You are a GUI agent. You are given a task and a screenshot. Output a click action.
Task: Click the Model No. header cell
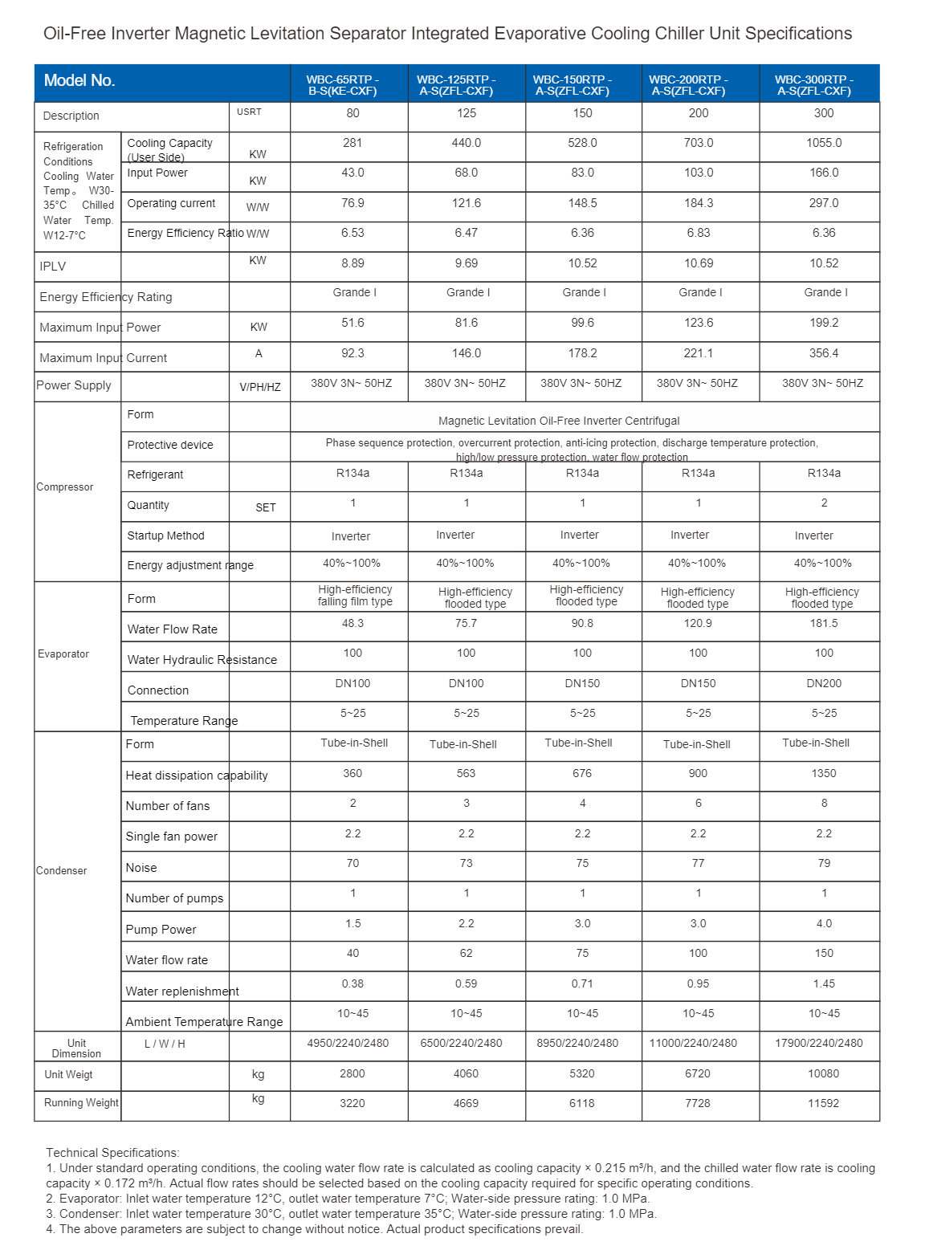point(79,81)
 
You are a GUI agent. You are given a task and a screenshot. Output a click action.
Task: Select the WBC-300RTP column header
point(814,85)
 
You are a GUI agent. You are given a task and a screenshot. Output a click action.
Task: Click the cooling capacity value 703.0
point(699,143)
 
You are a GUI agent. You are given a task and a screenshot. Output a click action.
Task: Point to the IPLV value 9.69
point(467,263)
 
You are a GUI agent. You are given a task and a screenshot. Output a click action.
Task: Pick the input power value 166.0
point(824,173)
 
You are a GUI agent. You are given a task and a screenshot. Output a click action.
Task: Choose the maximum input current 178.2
point(583,353)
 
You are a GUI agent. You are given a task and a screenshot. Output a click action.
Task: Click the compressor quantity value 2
point(824,503)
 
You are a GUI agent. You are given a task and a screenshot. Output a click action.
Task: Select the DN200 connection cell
point(824,683)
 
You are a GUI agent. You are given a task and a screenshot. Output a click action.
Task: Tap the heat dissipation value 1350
point(824,773)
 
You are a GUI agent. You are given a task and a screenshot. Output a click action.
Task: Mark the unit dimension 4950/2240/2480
point(348,1043)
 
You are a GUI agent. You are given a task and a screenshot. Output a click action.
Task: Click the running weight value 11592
point(824,1103)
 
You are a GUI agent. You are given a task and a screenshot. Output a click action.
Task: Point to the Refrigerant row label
point(155,474)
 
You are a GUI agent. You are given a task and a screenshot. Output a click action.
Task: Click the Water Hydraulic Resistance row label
point(202,660)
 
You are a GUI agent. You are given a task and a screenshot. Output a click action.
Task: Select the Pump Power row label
point(161,930)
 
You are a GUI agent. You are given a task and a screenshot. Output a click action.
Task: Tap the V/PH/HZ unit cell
point(260,387)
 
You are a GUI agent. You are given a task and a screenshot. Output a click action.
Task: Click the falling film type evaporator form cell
point(355,596)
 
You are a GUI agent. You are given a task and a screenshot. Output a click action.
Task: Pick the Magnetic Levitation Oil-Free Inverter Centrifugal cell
point(559,421)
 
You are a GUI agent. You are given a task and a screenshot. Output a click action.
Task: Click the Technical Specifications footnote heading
point(113,1153)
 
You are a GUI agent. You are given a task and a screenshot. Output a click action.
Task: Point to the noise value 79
point(824,863)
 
